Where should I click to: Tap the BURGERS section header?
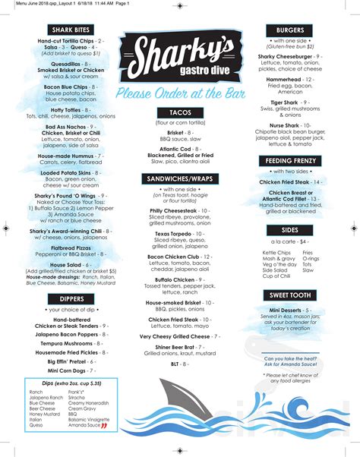291,29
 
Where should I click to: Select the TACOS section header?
180,112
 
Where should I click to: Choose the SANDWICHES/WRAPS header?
180,178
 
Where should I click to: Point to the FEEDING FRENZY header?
291,160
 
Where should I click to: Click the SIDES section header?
291,228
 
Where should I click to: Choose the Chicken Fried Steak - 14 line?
291,182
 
